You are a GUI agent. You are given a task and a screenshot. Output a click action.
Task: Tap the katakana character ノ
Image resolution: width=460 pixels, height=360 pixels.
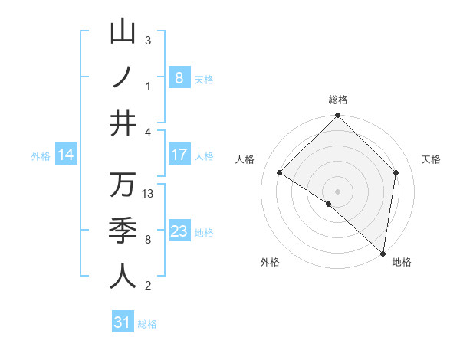point(123,77)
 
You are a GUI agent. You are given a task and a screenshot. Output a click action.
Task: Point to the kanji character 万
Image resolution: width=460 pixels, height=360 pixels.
point(123,185)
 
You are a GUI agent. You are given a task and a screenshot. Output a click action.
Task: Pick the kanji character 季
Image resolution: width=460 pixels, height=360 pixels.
point(123,230)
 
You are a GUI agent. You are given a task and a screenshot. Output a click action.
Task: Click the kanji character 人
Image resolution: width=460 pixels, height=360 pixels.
point(123,275)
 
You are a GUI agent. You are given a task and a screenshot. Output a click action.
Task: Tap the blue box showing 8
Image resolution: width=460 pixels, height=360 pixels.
point(179,77)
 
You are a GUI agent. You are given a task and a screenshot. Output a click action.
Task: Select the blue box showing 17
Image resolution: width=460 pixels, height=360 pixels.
point(179,155)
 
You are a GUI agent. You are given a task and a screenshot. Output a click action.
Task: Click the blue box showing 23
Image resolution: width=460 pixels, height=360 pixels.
point(179,231)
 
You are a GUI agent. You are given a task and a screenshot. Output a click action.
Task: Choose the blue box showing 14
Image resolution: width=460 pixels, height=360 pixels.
point(66,155)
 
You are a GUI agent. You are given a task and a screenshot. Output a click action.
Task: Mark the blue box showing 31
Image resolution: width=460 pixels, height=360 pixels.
point(122,322)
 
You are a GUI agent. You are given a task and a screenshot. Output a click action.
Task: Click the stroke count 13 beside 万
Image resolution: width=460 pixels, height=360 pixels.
point(149,194)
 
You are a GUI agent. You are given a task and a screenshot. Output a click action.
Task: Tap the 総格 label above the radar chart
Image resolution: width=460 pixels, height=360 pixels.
point(338,100)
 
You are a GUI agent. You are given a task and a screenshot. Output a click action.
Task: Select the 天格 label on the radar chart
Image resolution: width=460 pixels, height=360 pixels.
point(432,159)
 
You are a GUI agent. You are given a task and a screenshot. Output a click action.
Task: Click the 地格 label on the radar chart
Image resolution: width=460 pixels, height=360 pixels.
point(402,262)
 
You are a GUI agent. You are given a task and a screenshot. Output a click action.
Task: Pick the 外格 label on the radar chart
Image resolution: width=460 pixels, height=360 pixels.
point(270,262)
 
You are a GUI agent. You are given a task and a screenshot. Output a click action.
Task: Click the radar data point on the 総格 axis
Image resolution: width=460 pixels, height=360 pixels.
point(338,116)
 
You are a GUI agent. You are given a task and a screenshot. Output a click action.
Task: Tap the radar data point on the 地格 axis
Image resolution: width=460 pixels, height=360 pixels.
point(382,253)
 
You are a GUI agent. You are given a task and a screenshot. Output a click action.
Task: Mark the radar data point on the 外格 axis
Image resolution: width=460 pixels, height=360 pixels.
point(329,204)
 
